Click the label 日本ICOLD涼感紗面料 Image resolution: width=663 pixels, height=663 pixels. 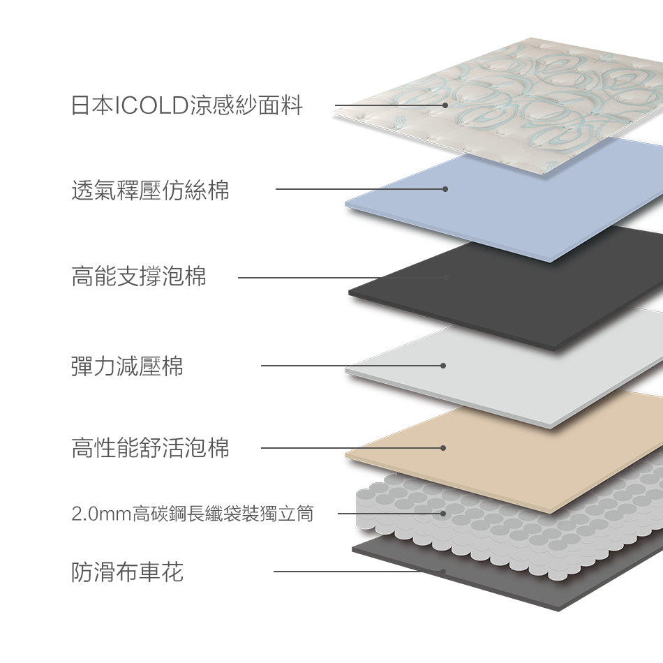[186, 106]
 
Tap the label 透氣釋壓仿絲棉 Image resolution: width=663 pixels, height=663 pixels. [150, 190]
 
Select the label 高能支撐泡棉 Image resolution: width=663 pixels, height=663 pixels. [139, 277]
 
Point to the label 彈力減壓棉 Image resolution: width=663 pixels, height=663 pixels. [127, 365]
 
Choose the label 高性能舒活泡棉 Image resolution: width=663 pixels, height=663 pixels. [150, 447]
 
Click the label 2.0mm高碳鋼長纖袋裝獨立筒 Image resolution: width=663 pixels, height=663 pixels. [193, 515]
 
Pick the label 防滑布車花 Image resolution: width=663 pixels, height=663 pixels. [127, 572]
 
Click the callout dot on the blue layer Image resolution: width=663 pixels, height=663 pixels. [445, 189]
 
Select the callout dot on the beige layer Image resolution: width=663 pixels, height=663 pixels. [443, 447]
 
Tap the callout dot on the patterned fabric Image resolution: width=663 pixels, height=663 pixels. [445, 105]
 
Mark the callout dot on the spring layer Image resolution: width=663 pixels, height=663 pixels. [443, 514]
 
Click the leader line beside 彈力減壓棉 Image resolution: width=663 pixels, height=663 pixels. [307, 365]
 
